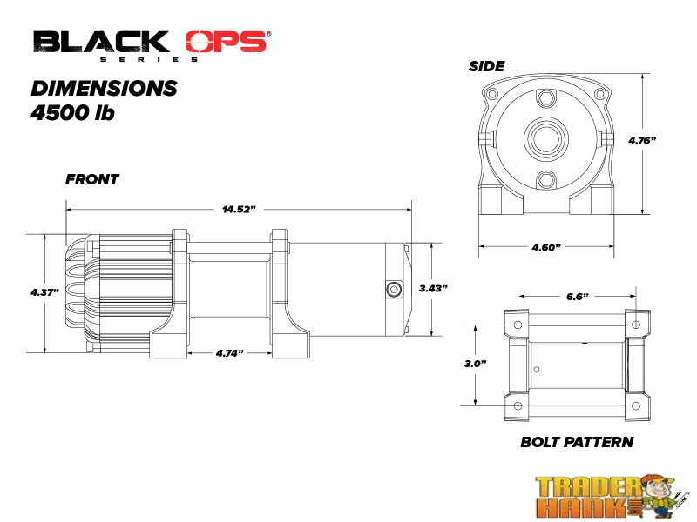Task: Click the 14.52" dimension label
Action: tap(239, 210)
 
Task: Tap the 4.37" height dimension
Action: tap(44, 292)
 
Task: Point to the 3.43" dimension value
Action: tap(433, 288)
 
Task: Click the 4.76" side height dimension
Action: tap(642, 140)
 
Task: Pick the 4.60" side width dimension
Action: tap(545, 247)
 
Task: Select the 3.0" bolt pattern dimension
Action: tap(476, 363)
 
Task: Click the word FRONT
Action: tap(91, 180)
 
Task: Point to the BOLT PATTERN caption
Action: tap(577, 442)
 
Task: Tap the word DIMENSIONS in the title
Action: tap(104, 89)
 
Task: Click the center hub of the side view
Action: tap(545, 137)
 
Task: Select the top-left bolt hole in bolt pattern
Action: tap(518, 325)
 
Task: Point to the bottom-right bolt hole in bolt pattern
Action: tap(637, 406)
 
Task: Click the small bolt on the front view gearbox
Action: tap(393, 289)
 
